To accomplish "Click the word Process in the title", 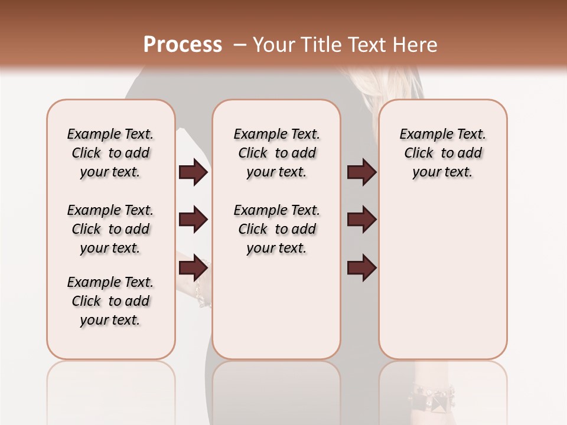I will [183, 45].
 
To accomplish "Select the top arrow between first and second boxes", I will [193, 172].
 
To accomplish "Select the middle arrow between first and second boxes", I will [193, 220].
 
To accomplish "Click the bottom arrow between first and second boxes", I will [193, 269].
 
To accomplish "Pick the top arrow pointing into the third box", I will [361, 172].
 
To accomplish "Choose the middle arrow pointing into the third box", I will [361, 220].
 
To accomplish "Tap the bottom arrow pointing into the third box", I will [361, 269].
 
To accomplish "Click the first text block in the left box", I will [110, 153].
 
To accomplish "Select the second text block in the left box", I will [110, 229].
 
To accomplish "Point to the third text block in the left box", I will [110, 301].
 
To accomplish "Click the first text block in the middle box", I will [276, 153].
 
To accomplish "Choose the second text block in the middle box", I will [276, 229].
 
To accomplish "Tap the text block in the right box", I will [442, 153].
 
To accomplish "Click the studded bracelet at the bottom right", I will [434, 398].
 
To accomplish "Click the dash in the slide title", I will [240, 45].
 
